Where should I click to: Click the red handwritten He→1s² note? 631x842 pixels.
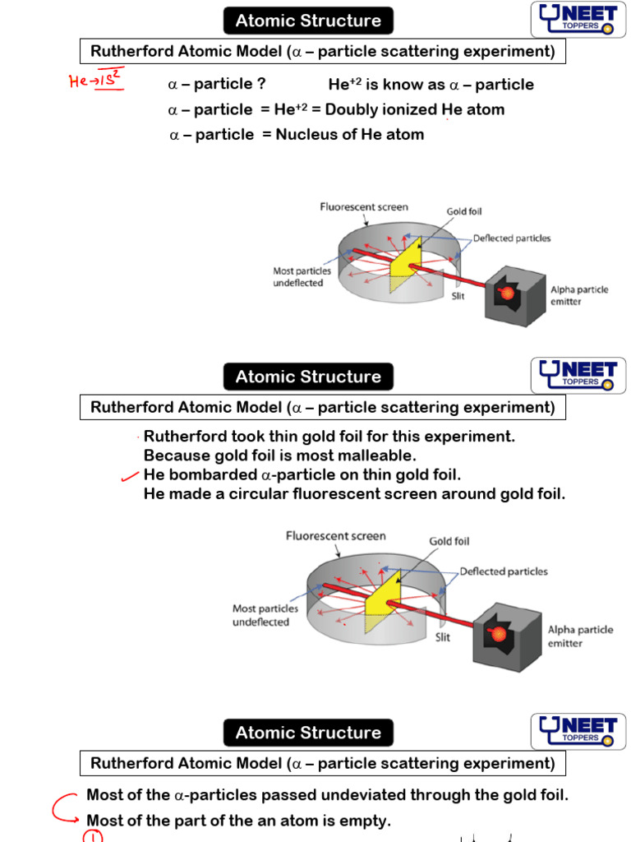(96, 81)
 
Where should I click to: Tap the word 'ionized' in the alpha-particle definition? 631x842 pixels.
(407, 109)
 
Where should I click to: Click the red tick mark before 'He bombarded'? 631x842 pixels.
(129, 475)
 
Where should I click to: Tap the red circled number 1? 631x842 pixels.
(93, 836)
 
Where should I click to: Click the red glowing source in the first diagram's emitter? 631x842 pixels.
(507, 292)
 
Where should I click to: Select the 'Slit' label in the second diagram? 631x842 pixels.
(444, 636)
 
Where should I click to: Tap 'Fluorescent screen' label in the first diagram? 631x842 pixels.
(364, 207)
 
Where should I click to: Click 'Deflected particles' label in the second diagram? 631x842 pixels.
(503, 571)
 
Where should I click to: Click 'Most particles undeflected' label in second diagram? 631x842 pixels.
(265, 615)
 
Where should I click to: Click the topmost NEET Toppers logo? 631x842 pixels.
(578, 20)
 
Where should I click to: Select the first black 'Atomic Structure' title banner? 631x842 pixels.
(308, 21)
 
